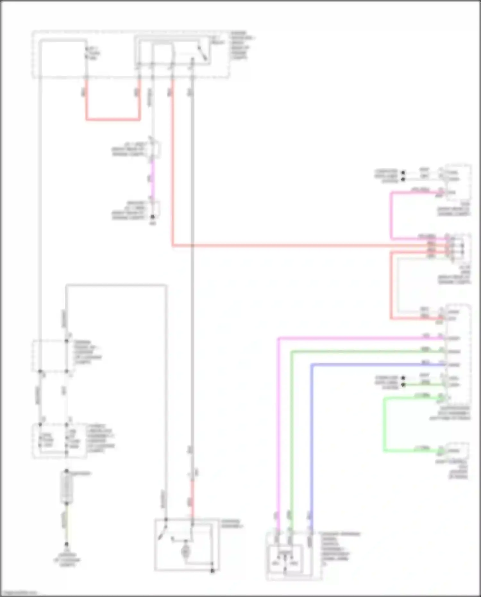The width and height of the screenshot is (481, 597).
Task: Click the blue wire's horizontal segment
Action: (375, 365)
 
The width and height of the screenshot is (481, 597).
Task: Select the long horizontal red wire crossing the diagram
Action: (289, 246)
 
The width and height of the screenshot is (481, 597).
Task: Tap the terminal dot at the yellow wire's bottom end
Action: (66, 544)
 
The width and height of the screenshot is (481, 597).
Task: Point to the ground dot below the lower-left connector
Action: (153, 217)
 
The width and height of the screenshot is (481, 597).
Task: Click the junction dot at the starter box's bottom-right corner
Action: (212, 571)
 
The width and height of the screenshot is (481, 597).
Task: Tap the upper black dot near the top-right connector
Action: (403, 173)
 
